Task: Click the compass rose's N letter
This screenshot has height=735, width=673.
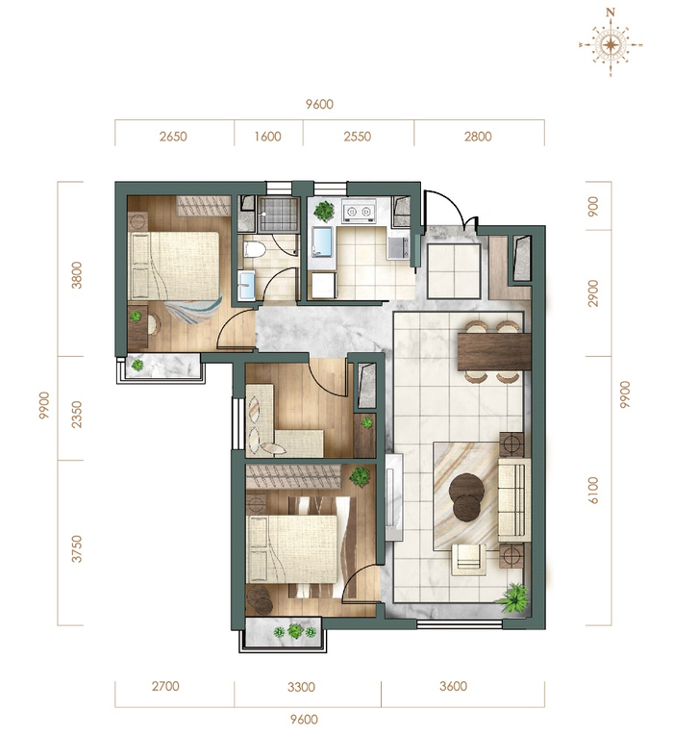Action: tap(611, 13)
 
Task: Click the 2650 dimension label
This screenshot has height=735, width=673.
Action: tap(173, 137)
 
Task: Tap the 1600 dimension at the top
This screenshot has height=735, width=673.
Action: tap(268, 137)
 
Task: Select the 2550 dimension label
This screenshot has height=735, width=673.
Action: tap(358, 137)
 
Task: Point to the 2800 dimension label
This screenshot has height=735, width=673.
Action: tap(478, 137)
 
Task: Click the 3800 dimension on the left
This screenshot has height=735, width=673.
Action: tap(77, 275)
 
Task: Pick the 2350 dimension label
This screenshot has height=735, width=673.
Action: tap(77, 415)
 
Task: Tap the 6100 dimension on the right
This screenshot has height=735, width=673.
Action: tap(593, 491)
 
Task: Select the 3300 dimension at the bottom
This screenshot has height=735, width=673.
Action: tap(301, 687)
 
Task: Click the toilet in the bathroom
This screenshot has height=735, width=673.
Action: tap(255, 249)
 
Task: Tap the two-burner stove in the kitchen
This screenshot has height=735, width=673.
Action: tap(359, 211)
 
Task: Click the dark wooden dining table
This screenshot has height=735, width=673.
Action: tap(494, 351)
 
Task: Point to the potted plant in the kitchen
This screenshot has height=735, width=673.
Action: tap(324, 211)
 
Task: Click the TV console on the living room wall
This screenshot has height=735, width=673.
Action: tap(394, 497)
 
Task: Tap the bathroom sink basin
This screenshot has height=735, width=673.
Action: tap(246, 286)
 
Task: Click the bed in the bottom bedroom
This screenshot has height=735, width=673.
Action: tap(291, 549)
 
